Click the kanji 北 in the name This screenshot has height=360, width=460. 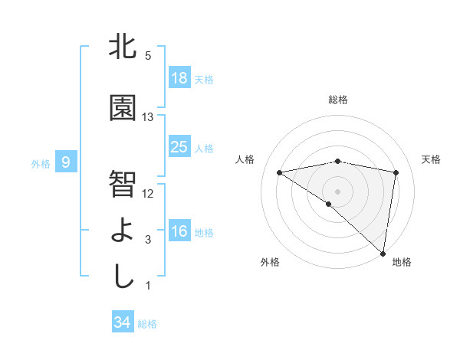pos(123,47)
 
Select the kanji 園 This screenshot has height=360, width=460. pos(123,108)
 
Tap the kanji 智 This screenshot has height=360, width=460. pos(123,183)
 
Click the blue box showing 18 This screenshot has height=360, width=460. pos(179,79)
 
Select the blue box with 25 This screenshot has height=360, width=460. pos(179,147)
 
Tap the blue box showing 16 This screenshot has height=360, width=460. pos(179,231)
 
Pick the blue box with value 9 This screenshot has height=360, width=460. pos(67,162)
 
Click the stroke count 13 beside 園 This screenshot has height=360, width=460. pos(148,116)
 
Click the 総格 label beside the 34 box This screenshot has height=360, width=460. pos(147,324)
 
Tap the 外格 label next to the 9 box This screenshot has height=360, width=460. pos(41,163)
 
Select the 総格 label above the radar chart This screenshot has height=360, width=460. pos(338,100)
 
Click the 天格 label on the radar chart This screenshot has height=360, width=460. pos(431,159)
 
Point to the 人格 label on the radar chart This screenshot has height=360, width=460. pos(245,159)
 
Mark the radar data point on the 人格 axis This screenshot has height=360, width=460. pos(280,172)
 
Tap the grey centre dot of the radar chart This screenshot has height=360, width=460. pos(337,190)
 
